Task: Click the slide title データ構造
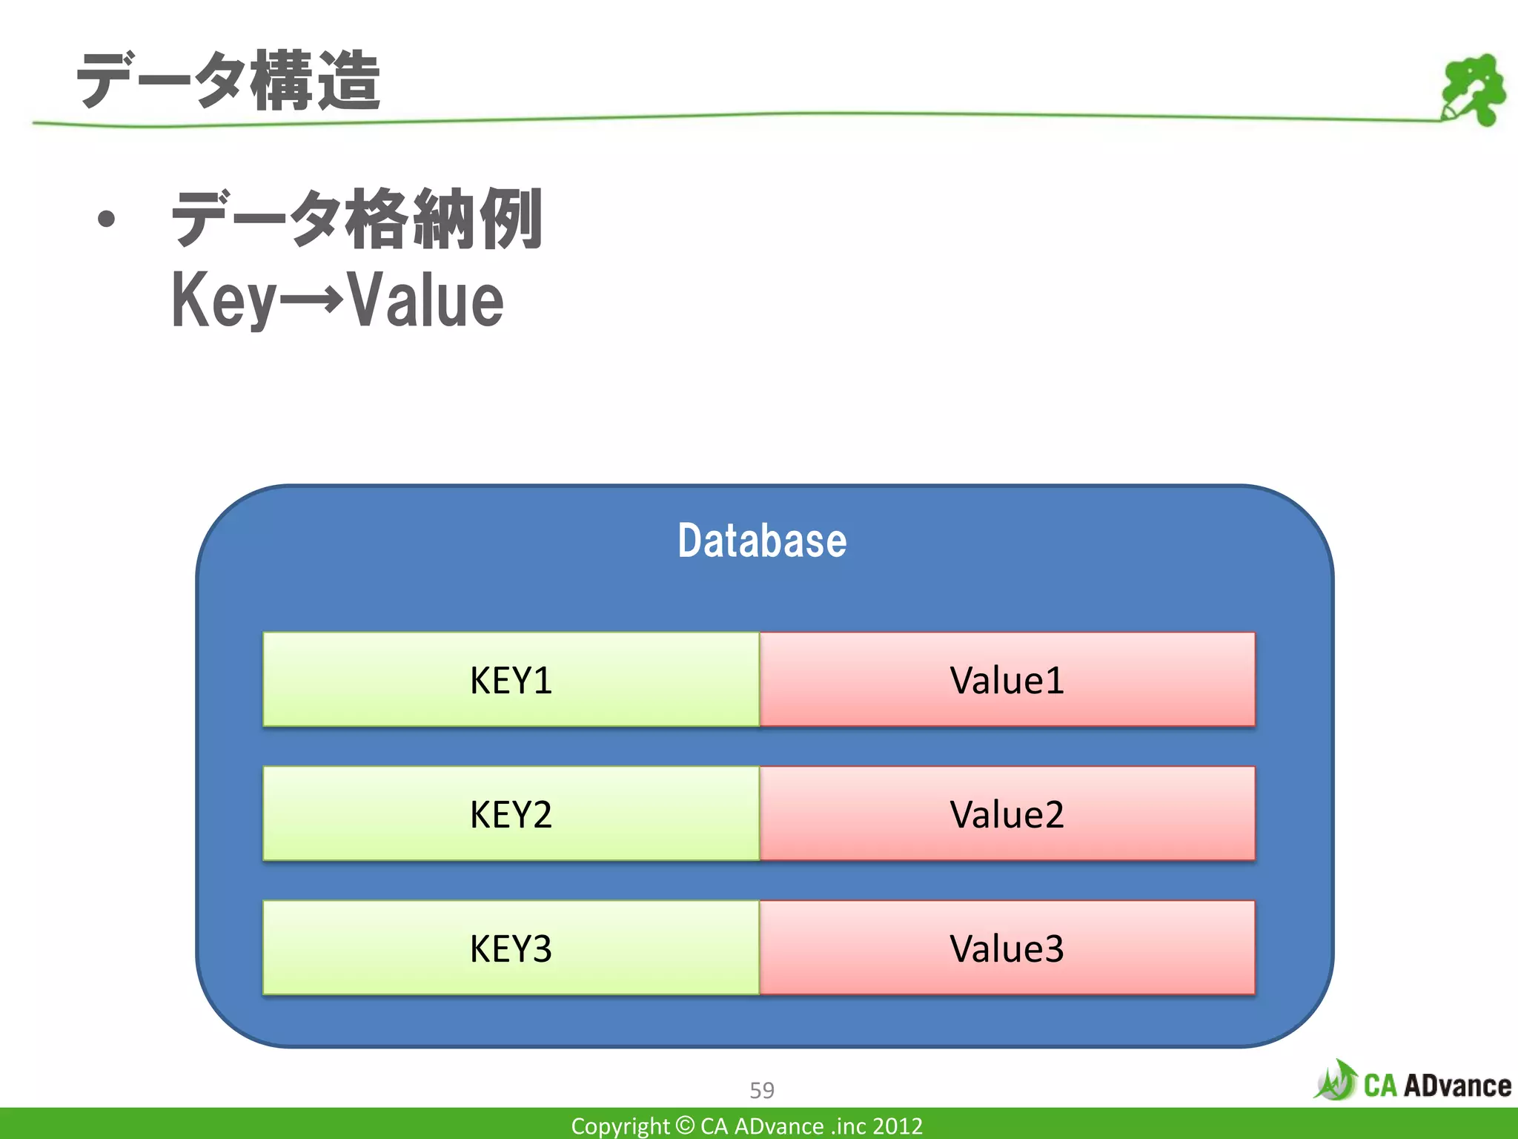coord(228,82)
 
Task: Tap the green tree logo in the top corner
coord(1474,89)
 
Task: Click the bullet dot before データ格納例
coord(107,219)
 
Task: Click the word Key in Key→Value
coord(222,300)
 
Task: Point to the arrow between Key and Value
coord(311,300)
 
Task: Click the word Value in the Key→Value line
coord(426,300)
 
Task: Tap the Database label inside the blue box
coord(762,541)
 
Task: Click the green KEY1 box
coord(511,680)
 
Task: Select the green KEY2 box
coord(511,814)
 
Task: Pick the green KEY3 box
coord(511,948)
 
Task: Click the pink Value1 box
coord(1007,680)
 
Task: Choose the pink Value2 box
coord(1007,814)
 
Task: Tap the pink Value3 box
coord(1007,948)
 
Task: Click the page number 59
coord(762,1090)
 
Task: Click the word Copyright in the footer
coord(620,1126)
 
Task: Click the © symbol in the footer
coord(686,1125)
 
